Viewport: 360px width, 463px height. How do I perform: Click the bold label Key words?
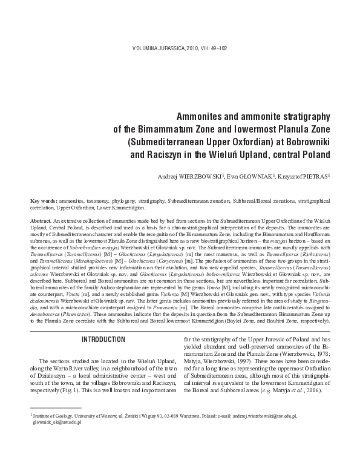(44, 200)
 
